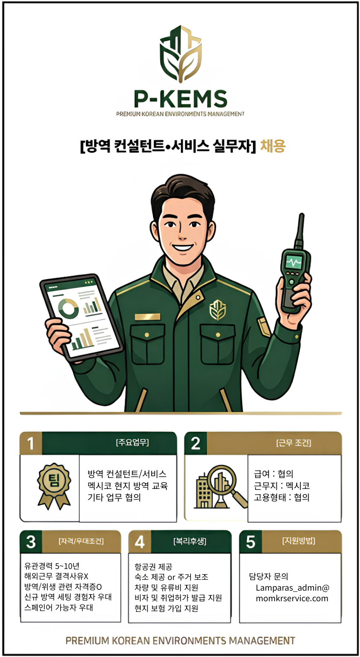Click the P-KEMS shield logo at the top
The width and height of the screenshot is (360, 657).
[180, 54]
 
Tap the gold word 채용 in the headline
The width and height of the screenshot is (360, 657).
[273, 146]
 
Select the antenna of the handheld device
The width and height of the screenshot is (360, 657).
[301, 230]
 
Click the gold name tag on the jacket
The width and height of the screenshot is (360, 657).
[147, 317]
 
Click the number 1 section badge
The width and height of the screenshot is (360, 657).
[31, 443]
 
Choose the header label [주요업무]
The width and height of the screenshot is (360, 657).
[132, 442]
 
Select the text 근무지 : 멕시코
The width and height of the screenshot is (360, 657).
[282, 486]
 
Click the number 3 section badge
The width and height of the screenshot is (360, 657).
[31, 542]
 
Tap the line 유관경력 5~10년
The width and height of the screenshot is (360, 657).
[52, 566]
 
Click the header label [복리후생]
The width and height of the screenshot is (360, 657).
[190, 541]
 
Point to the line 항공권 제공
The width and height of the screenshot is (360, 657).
[153, 567]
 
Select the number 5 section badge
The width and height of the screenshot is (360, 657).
[251, 542]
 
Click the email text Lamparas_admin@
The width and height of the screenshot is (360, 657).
[292, 588]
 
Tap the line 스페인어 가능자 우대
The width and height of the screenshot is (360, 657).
[59, 607]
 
